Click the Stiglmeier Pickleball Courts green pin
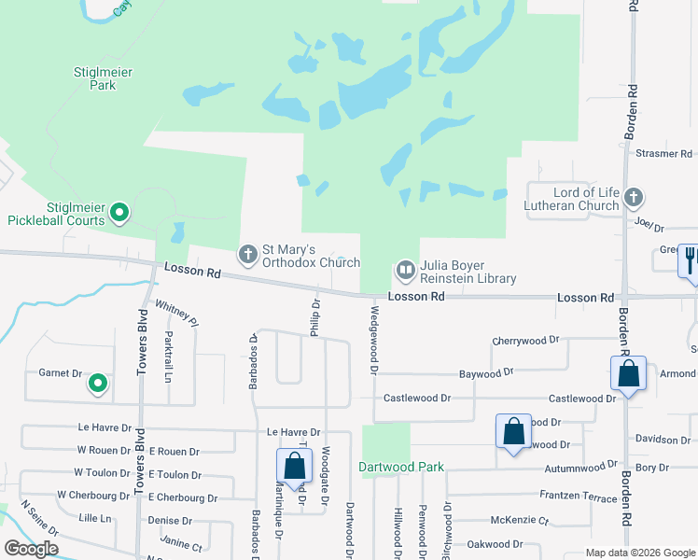(119, 214)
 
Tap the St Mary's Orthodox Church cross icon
(248, 254)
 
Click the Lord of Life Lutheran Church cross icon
(634, 197)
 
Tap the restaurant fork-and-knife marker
(691, 259)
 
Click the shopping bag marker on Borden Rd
(629, 374)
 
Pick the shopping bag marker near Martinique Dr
(294, 467)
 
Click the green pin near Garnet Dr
(97, 383)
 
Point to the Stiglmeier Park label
(94, 77)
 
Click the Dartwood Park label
(401, 467)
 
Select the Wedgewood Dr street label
(374, 341)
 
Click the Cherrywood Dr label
(525, 342)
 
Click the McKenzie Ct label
(520, 520)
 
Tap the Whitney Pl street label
(176, 313)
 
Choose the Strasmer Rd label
(663, 153)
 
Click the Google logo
(32, 549)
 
